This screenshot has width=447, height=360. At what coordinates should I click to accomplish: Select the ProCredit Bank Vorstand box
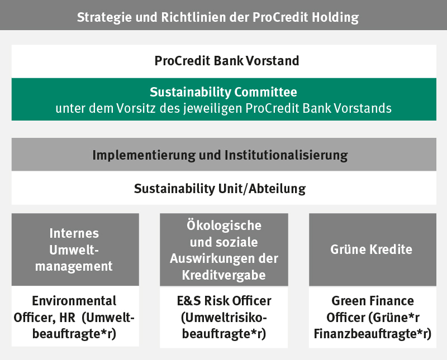pos(224,61)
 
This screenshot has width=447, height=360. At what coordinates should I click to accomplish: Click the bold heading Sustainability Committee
pos(223,92)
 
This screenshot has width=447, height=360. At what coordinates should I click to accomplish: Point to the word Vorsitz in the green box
pos(136,108)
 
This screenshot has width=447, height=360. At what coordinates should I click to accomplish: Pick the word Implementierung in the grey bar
pos(144,156)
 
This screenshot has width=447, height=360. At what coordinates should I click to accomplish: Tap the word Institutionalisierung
pos(286,156)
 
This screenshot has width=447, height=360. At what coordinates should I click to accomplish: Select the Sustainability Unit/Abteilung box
pos(224,188)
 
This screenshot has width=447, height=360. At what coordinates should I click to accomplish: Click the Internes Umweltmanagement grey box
pos(75,249)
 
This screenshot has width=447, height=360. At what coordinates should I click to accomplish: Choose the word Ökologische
pos(224,225)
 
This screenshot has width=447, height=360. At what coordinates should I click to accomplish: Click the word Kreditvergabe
pos(224,275)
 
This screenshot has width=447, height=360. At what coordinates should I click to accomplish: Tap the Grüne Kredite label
pos(371,249)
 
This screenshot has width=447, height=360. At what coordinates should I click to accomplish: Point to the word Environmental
pos(74,301)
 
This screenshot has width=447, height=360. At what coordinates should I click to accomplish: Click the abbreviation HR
pos(67,317)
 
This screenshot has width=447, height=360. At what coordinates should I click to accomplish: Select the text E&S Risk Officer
pos(224,301)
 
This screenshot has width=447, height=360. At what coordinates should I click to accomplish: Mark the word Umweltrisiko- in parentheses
pos(224,318)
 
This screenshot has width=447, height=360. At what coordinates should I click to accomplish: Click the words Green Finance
pos(373,301)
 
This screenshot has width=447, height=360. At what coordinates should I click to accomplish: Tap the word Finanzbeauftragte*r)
pos(373,334)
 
